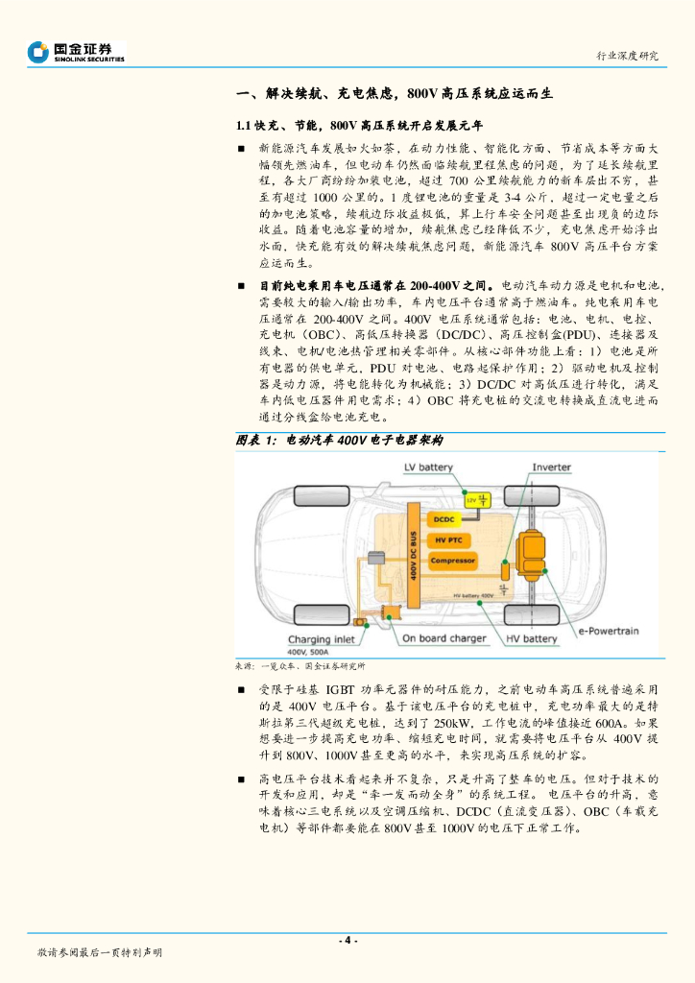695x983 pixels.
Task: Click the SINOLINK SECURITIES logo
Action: [x=77, y=52]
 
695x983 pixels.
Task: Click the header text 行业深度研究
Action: [x=628, y=56]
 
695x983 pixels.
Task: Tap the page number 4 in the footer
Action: [x=347, y=939]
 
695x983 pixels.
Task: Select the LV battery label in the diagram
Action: [x=428, y=468]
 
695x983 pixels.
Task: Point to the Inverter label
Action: [x=552, y=468]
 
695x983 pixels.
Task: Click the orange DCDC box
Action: [x=443, y=519]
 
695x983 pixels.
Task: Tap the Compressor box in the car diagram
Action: [x=452, y=561]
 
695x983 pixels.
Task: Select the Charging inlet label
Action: [x=322, y=639]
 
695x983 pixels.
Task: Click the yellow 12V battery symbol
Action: [x=477, y=500]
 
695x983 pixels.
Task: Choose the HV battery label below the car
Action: [x=531, y=638]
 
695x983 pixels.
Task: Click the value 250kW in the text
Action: [x=454, y=723]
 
